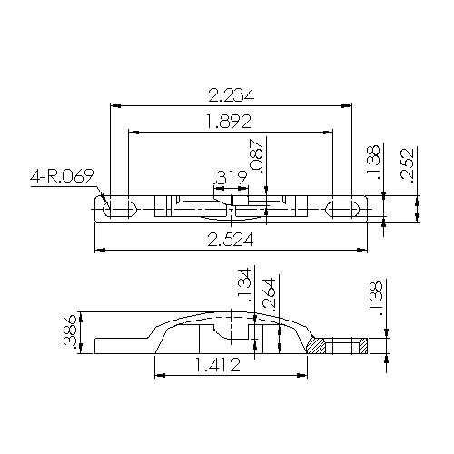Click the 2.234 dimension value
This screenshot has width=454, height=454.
pos(232,94)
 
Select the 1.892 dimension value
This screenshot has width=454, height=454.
pos(231,122)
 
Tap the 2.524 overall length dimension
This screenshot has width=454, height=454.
pos(232,239)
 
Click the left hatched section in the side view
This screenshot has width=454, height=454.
pos(318,346)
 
